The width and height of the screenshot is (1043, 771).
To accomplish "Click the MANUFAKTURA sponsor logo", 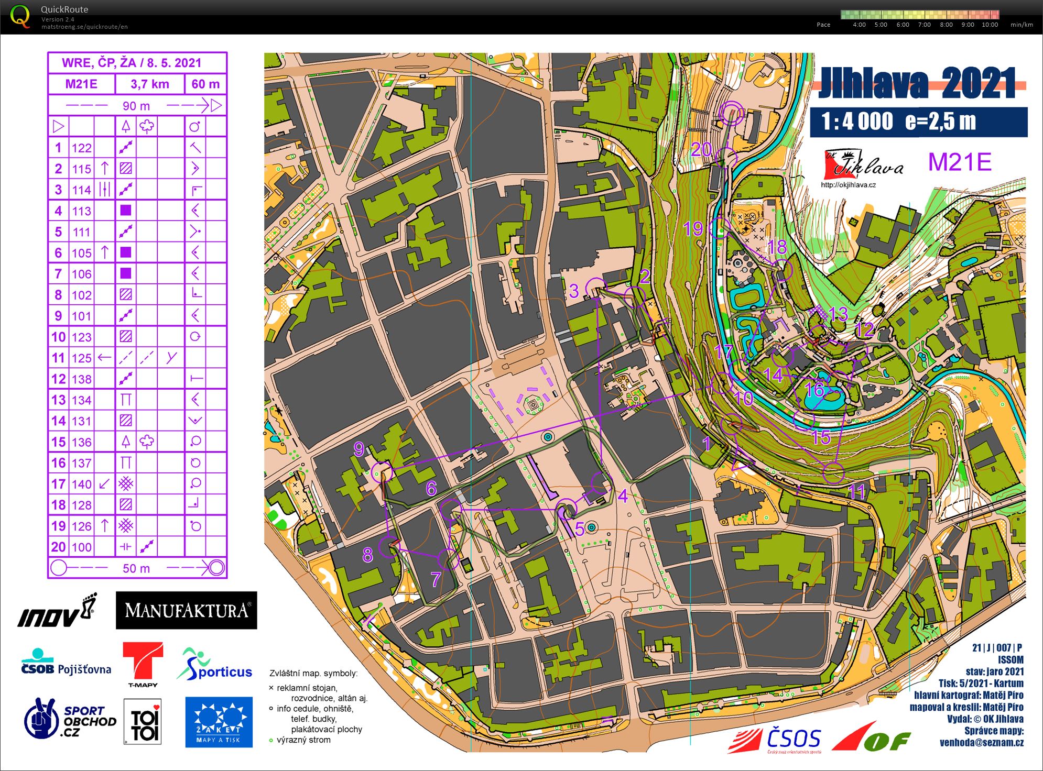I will pos(186,610).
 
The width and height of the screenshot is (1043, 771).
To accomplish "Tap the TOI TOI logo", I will pos(143,722).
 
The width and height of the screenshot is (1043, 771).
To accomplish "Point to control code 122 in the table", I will pos(82,148).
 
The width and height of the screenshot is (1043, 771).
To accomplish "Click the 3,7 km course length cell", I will pos(150,84).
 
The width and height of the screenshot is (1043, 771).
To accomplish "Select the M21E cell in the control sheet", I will pos(81,84).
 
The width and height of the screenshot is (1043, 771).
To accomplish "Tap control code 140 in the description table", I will pos(82,484).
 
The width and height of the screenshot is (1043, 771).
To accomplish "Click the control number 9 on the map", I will pos(359,449).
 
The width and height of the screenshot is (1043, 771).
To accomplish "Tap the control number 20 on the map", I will pos(701,150).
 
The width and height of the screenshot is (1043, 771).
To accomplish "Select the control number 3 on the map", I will pos(574,291).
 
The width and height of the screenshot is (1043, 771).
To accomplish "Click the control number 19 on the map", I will pos(693,229).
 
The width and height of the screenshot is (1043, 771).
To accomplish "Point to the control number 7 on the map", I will pos(436,579).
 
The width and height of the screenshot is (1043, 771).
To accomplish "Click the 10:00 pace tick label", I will pos(990,25).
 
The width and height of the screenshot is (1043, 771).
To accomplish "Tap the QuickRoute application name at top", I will pos(64,9).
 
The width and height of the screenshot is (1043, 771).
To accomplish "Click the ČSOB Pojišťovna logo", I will pos(66,663).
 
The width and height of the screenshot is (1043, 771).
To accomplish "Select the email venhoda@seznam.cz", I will pos(981,742).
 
